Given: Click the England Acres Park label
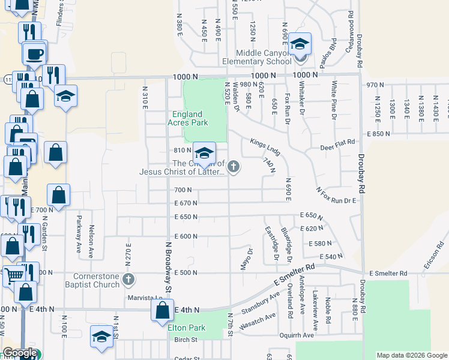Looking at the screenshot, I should pyautogui.click(x=190, y=118).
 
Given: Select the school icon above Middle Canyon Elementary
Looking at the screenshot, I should pyautogui.click(x=300, y=44).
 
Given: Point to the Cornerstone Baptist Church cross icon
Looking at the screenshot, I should pyautogui.click(x=128, y=279).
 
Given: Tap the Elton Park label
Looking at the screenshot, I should pyautogui.click(x=187, y=328).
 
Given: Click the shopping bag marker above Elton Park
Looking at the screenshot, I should pyautogui.click(x=162, y=311).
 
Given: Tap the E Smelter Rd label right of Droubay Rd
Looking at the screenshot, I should pyautogui.click(x=388, y=273).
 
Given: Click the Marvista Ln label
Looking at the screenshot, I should pyautogui.click(x=145, y=298).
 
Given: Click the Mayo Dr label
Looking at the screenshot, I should pyautogui.click(x=244, y=259).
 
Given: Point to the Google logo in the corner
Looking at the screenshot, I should pyautogui.click(x=20, y=353).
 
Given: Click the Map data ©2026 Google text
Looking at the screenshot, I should pyautogui.click(x=411, y=356).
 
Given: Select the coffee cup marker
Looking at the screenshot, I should pyautogui.click(x=35, y=53).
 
